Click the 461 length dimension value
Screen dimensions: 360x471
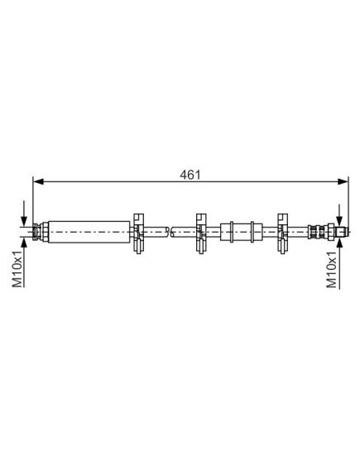click(x=190, y=175)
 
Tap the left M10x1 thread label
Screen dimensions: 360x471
click(x=17, y=268)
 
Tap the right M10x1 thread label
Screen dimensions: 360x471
click(x=332, y=269)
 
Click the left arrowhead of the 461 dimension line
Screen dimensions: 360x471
click(x=38, y=181)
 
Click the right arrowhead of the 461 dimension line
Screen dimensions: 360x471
click(x=343, y=181)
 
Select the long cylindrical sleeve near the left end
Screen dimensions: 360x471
click(x=89, y=232)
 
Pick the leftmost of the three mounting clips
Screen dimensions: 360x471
click(x=138, y=233)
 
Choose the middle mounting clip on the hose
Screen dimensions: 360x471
click(x=201, y=233)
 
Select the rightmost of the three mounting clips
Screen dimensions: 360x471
click(x=283, y=233)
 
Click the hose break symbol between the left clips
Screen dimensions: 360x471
click(x=170, y=232)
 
